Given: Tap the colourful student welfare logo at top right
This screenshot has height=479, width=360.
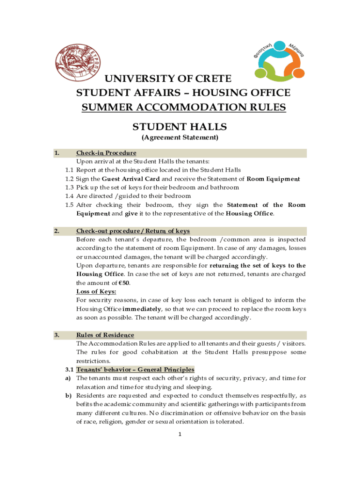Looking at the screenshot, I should tap(279, 59).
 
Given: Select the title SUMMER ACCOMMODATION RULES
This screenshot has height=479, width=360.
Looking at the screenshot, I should tap(184, 107).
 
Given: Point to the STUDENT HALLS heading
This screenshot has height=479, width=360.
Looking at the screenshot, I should tap(180, 127).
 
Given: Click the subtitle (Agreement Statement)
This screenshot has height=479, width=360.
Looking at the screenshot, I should tap(180, 138).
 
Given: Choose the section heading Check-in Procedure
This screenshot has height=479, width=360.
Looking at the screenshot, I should tap(106, 153).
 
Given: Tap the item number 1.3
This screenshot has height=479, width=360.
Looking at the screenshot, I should tap(70, 187).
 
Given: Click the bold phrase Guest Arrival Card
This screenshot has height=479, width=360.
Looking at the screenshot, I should tap(131, 179).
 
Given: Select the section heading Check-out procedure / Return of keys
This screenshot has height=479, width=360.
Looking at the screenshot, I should tap(133, 231).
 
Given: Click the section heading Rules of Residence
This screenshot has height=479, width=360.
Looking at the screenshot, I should tap(105, 335).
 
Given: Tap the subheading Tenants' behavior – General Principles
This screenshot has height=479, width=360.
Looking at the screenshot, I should tap(135, 370).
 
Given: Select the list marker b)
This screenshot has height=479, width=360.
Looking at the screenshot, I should tap(68, 395).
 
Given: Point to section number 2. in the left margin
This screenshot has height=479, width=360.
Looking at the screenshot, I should tap(57, 231).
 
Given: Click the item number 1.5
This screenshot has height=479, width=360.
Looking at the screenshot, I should tap(70, 205).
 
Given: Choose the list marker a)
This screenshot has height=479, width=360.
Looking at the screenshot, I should tap(68, 378).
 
